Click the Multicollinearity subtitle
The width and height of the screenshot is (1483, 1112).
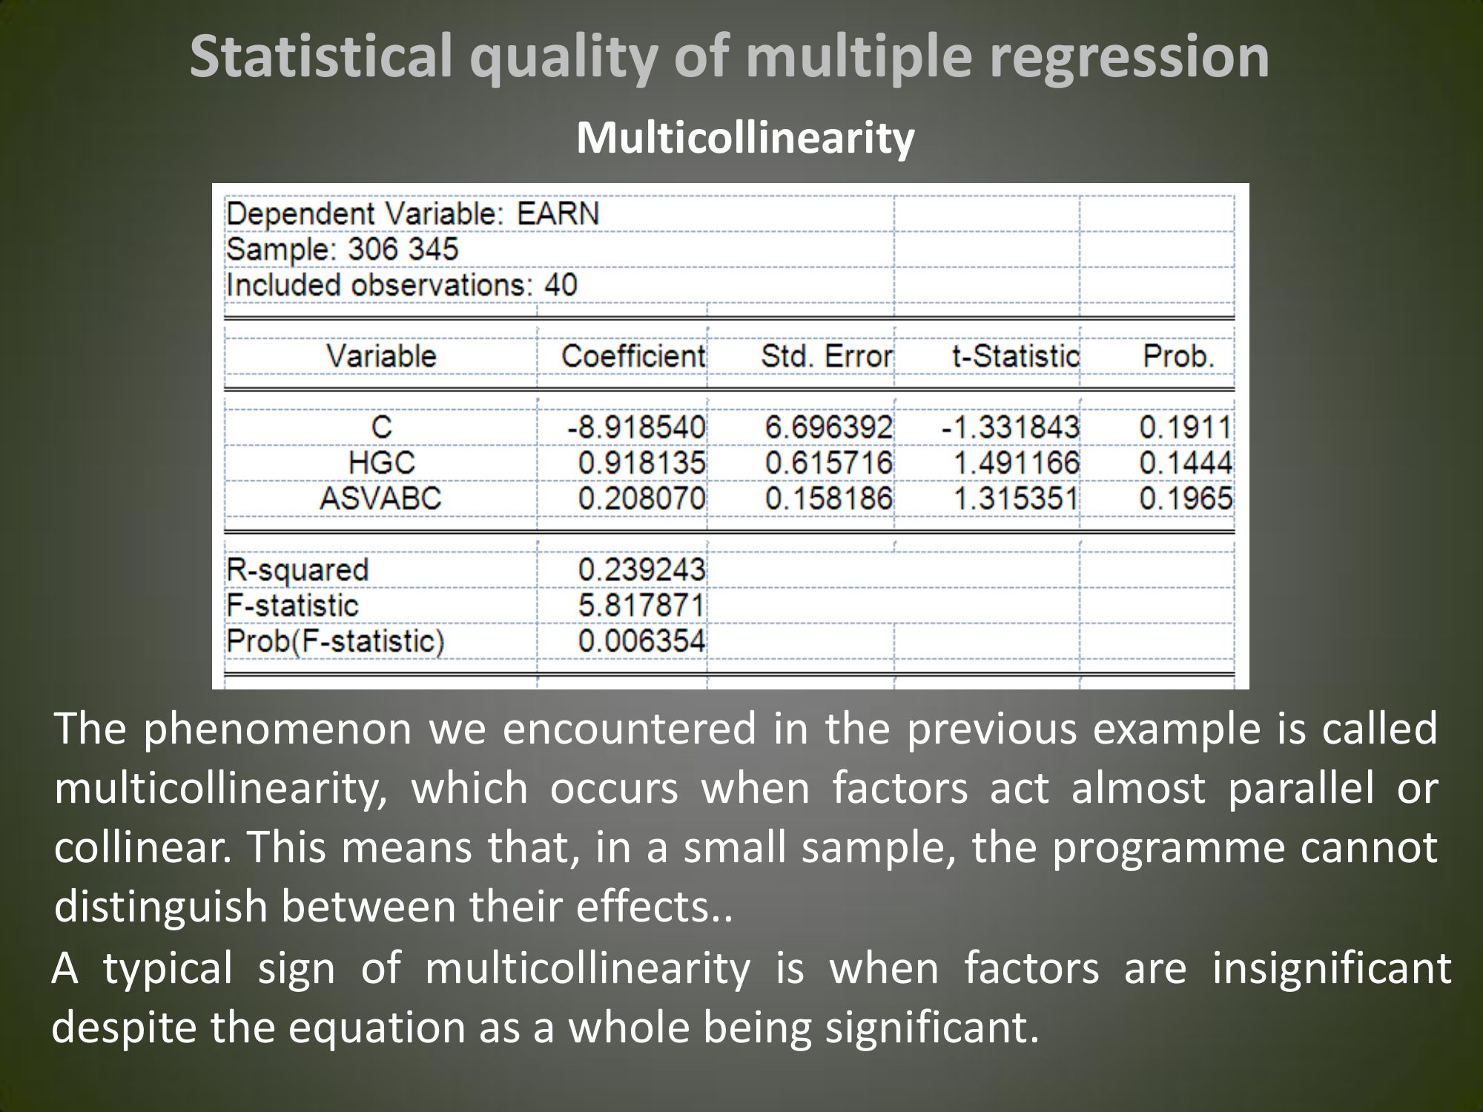(745, 139)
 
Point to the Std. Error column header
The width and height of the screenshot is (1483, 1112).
(827, 357)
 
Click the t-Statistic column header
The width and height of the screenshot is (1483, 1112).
(1016, 357)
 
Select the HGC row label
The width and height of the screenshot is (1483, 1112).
(382, 463)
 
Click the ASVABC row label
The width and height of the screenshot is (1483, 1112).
(380, 498)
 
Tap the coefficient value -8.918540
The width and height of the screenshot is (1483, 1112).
(636, 428)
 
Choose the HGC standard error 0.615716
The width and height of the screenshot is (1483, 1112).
(829, 463)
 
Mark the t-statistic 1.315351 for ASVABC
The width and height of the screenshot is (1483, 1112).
(1016, 498)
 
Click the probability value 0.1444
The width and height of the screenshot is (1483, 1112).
(1186, 463)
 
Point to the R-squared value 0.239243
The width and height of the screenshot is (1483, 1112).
(642, 569)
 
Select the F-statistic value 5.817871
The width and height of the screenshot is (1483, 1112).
(642, 605)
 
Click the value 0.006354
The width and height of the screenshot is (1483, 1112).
(642, 641)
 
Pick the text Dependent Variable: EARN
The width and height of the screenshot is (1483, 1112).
(412, 214)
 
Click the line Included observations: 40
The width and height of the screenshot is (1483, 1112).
(402, 285)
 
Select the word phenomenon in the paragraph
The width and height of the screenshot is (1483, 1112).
(277, 729)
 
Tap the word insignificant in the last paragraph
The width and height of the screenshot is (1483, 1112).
(1332, 968)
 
